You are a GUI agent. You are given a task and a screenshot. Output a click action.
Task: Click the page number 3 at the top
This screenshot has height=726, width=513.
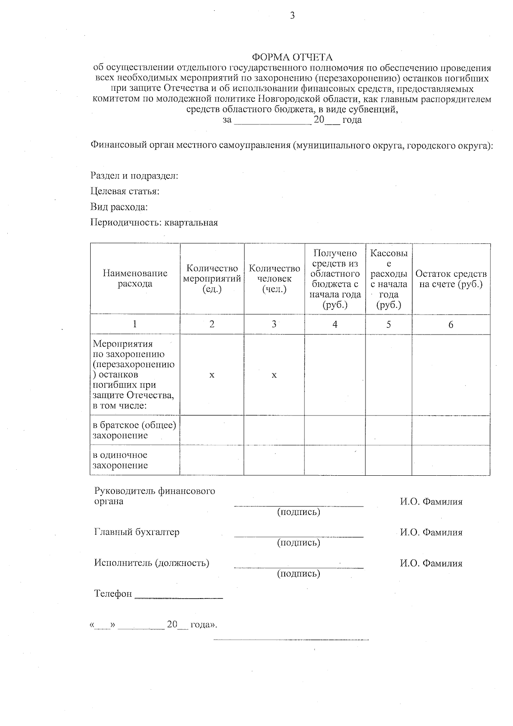point(292,16)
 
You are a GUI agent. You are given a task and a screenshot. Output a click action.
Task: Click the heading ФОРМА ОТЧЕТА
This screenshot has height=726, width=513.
point(292,57)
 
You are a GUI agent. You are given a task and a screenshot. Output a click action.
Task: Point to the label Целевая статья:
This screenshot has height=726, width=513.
point(125,191)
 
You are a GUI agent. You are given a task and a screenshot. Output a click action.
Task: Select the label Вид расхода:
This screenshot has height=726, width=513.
point(119,207)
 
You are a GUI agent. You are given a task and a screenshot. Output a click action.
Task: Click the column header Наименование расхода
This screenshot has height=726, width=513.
point(135,279)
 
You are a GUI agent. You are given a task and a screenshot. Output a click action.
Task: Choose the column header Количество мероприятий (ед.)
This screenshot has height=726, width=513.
point(212,279)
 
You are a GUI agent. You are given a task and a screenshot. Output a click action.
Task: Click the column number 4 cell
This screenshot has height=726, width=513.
point(335,324)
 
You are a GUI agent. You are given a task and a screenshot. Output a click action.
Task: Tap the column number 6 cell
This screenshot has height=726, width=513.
point(451,324)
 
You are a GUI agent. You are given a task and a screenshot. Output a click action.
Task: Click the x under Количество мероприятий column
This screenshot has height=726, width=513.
point(212,375)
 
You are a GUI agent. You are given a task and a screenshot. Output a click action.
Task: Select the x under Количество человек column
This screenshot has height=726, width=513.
point(274,375)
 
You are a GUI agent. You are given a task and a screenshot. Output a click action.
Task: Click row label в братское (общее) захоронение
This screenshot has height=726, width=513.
point(135,430)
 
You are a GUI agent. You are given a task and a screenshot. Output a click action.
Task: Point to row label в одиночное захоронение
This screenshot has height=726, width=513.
point(121,460)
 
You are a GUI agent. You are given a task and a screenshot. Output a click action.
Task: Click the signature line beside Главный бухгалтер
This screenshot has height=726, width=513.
point(298,535)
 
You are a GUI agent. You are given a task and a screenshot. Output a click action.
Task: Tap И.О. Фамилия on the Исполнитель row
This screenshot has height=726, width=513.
point(431,563)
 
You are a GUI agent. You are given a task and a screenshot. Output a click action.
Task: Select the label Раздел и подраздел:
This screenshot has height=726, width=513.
point(134,176)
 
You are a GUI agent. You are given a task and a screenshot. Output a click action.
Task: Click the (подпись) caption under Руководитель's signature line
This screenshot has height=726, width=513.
point(298,512)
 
